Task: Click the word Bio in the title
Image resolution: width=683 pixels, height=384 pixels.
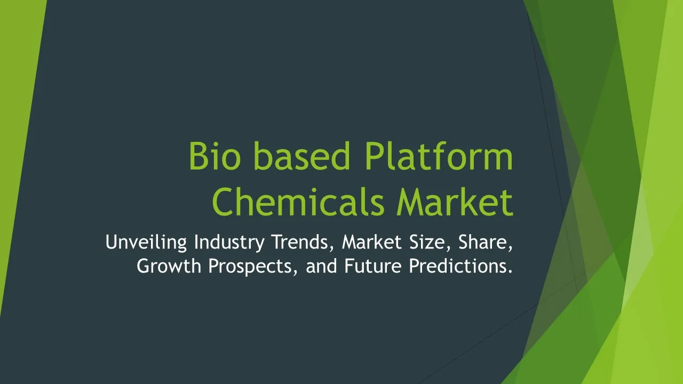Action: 215,156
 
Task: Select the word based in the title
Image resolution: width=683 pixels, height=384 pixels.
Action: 301,156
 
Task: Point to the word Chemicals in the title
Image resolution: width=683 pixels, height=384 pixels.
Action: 298,202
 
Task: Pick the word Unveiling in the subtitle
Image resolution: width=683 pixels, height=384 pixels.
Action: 146,242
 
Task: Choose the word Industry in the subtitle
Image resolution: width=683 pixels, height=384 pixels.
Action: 229,242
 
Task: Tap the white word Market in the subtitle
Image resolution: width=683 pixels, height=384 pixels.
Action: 372,242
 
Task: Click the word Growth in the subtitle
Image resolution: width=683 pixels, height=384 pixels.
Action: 169,266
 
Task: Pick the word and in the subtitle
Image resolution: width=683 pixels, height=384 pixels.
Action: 321,266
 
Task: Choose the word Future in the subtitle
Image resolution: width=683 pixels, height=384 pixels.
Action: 373,266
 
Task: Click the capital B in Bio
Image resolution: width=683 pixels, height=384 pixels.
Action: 198,156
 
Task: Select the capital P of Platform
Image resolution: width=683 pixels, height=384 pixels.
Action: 374,156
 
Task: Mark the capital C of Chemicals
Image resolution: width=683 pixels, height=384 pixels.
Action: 223,202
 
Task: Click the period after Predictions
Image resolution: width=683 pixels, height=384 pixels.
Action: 510,271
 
